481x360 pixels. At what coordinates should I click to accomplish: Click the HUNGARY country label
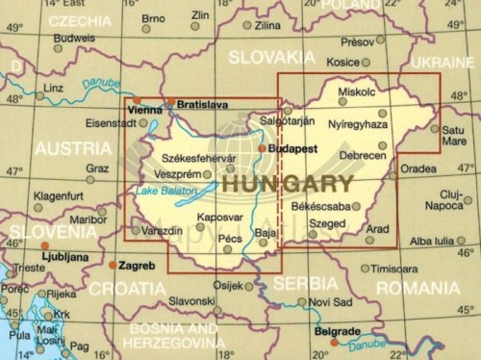[x=287, y=181]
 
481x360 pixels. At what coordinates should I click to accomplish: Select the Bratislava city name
[x=203, y=103]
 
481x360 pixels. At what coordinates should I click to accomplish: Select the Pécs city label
[x=232, y=236]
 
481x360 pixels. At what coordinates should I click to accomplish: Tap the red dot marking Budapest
[x=261, y=148]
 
